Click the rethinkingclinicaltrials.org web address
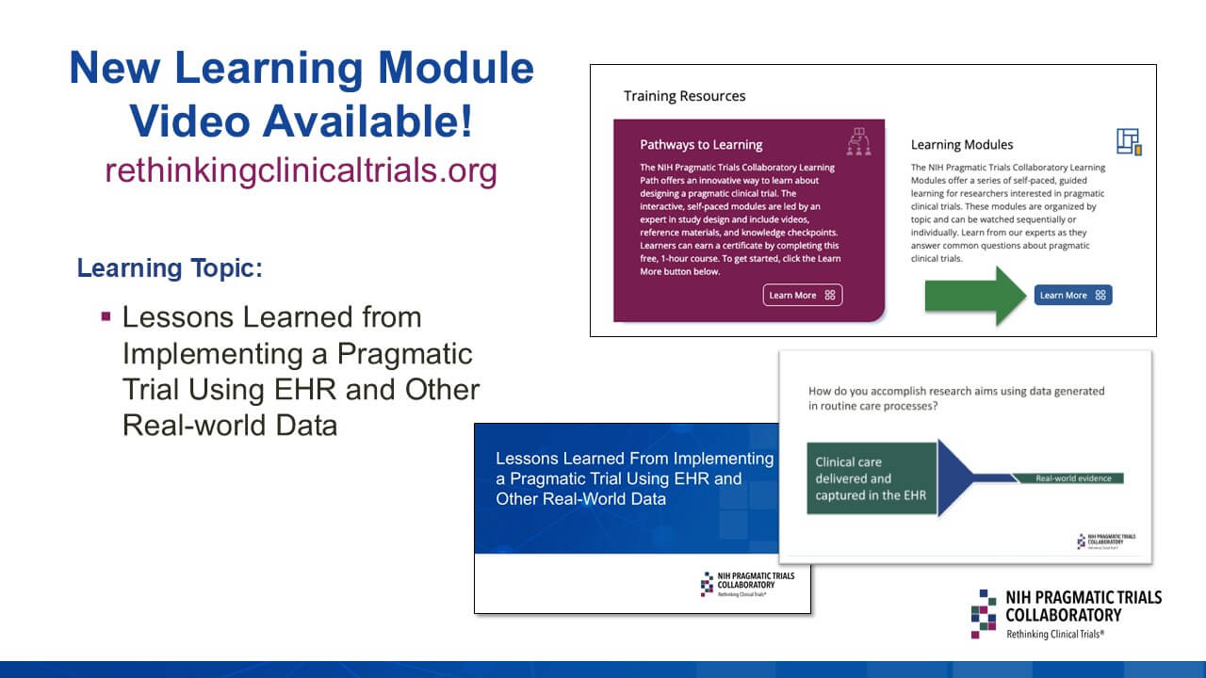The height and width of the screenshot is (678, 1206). pos(301,170)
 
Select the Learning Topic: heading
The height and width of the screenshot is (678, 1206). pos(170,268)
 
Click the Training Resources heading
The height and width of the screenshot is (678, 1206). pos(684,96)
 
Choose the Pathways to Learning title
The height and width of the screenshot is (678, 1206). pos(701,145)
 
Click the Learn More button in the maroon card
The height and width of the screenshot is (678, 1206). pos(802,295)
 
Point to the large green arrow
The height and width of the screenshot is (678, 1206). pos(974,295)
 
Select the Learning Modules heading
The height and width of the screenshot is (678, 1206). pos(962,145)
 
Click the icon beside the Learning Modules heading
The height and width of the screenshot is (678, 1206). pos(1128,141)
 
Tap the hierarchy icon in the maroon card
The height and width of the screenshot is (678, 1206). pos(859,140)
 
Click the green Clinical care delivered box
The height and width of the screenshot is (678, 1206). pos(872,478)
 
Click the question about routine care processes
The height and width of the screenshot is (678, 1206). pos(956,397)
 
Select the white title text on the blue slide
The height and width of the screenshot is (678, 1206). pos(634,478)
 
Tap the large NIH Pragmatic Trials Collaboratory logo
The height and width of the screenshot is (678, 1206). pos(1066,614)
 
